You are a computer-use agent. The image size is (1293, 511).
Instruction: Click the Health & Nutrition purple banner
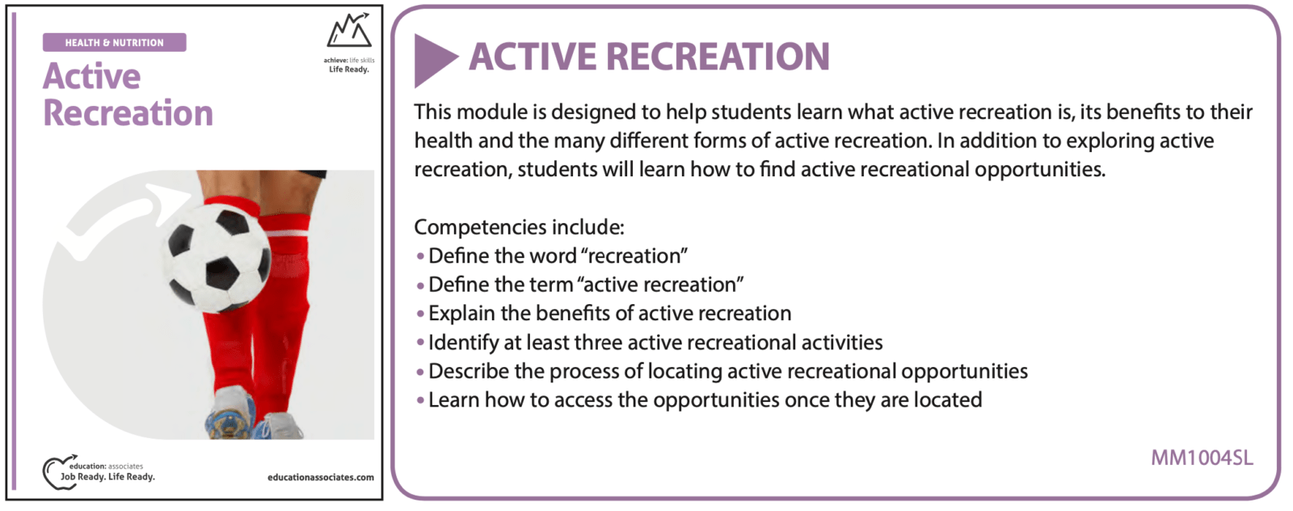tap(114, 42)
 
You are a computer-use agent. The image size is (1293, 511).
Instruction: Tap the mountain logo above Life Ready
tap(349, 30)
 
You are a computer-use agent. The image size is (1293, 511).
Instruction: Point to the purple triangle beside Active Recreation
tap(436, 61)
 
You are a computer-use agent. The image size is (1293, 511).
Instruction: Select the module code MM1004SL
tap(1202, 458)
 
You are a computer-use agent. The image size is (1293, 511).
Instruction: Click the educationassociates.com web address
tap(320, 478)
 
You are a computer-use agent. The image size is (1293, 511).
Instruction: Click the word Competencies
tap(480, 227)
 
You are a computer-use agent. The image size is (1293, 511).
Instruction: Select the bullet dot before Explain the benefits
tap(420, 314)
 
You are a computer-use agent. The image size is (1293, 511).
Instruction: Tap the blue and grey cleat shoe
tap(231, 413)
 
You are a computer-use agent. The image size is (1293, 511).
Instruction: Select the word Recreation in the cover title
tap(128, 112)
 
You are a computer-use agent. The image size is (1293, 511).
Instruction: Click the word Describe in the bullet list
tap(468, 371)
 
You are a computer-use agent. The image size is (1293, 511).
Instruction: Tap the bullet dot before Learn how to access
tap(420, 400)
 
